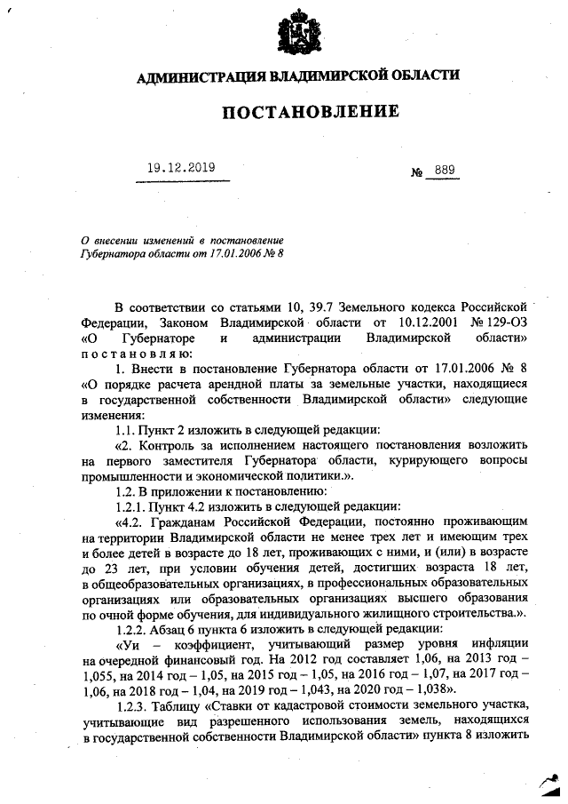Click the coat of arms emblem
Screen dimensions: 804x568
[x=297, y=33]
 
